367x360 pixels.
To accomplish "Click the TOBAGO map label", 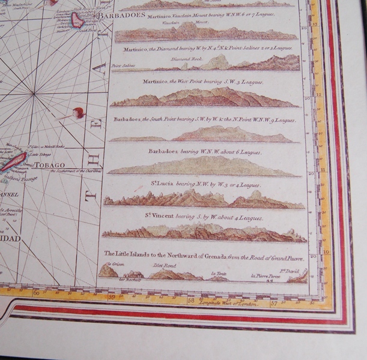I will [x=50, y=164].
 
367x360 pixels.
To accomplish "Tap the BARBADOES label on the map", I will [x=123, y=16].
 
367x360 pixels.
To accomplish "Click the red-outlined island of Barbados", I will [x=77, y=20].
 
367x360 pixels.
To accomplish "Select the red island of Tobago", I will [x=13, y=161].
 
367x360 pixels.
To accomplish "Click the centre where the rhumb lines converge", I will [x=35, y=94].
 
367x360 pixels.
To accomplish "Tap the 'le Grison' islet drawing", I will [x=108, y=271].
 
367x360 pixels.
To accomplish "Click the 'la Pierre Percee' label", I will [x=264, y=276].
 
